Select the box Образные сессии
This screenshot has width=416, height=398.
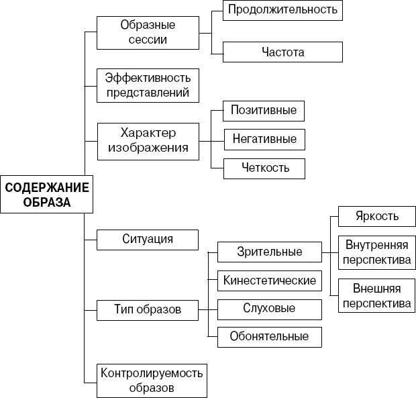148,32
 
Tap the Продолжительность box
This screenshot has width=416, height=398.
282,10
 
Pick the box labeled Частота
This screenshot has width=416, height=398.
282,51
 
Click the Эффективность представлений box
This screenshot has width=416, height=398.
148,85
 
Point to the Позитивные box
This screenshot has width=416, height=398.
264,110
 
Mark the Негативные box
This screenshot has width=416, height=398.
264,139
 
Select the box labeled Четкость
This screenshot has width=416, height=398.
264,168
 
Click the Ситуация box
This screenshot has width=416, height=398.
148,239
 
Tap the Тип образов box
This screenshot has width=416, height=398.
148,309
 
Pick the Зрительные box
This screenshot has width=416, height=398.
269,252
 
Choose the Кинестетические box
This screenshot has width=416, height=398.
269,280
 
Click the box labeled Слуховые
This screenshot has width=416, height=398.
269,309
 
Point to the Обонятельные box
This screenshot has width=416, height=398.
269,336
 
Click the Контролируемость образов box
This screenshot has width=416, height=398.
151,380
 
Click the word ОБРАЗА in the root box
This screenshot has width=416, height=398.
44,202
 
